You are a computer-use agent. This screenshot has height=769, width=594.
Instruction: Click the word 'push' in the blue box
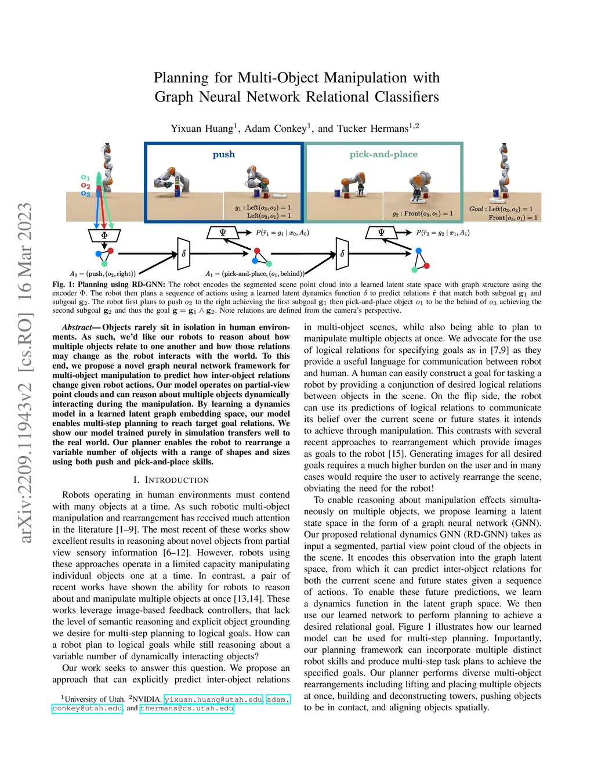223,154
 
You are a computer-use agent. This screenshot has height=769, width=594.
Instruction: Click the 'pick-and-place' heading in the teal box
383,154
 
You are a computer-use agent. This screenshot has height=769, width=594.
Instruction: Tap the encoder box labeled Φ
104,236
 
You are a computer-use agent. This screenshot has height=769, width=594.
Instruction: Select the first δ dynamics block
184,254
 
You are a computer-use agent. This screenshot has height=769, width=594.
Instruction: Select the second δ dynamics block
342,254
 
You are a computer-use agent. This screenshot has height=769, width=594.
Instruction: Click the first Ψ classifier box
223,233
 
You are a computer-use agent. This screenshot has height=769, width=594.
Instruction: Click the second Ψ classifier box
381,233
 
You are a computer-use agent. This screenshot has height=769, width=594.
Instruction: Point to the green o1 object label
85,178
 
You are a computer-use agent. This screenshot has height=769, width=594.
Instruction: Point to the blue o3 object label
85,193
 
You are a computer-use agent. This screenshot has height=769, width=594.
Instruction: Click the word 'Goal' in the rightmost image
476,209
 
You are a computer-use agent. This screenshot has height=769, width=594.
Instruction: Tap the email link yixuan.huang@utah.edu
213,699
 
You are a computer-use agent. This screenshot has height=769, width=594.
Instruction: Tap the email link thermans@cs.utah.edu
187,708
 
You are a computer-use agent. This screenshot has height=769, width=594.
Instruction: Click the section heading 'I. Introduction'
171,480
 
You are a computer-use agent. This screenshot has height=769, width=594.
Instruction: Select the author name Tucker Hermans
372,128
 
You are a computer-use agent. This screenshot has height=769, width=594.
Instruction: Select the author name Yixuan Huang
202,128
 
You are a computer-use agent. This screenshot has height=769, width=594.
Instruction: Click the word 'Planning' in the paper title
181,78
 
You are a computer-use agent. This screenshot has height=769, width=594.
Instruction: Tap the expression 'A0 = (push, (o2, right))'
103,274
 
